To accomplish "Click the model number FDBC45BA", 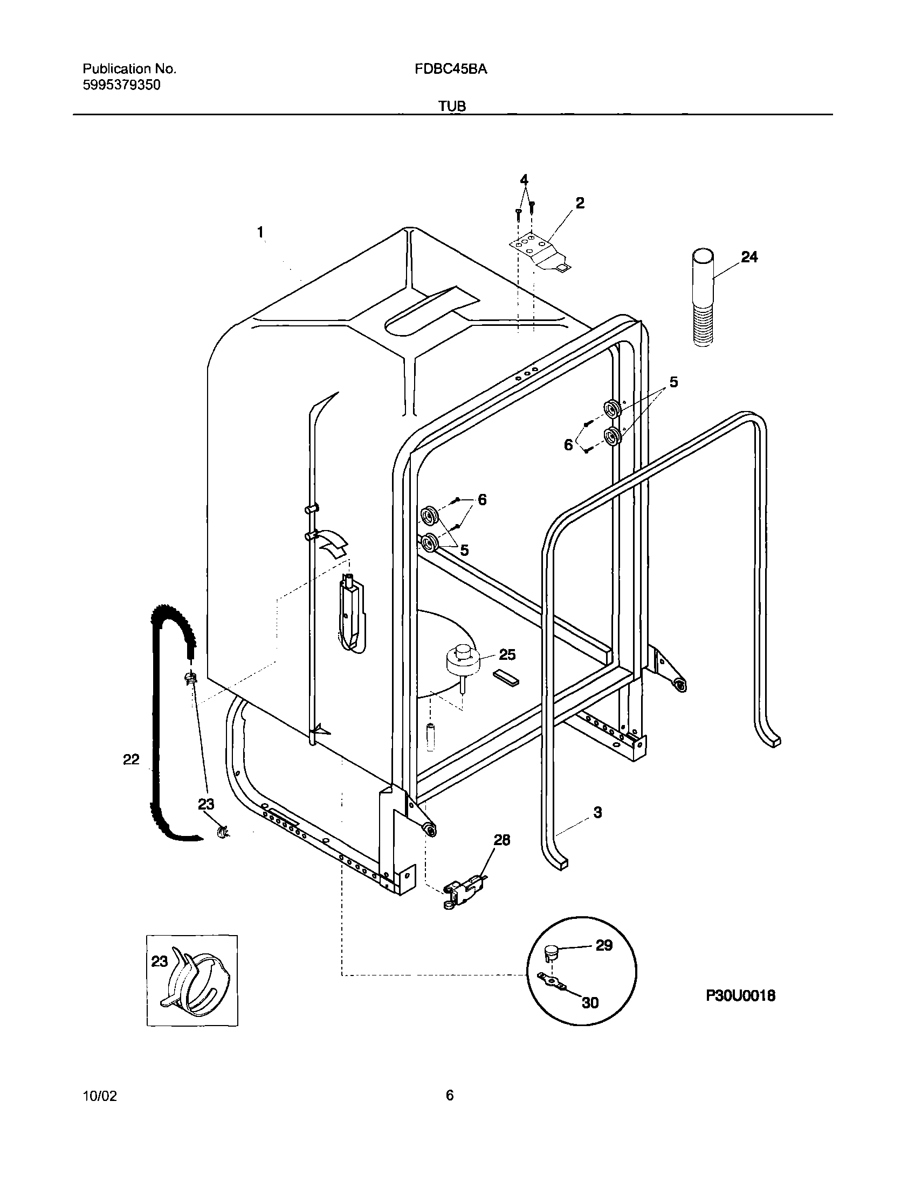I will [451, 69].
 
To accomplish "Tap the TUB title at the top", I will [452, 106].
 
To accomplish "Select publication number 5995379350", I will [121, 85].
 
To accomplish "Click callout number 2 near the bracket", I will [580, 204].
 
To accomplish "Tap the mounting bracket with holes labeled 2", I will [540, 252].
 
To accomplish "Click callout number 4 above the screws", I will [524, 179].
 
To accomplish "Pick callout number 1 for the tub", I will [260, 233].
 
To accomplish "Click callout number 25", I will [507, 654].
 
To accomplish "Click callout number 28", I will [502, 840].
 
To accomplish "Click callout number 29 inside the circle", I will [604, 945].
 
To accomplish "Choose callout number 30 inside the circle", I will [590, 1003].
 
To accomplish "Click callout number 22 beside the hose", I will [131, 759].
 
